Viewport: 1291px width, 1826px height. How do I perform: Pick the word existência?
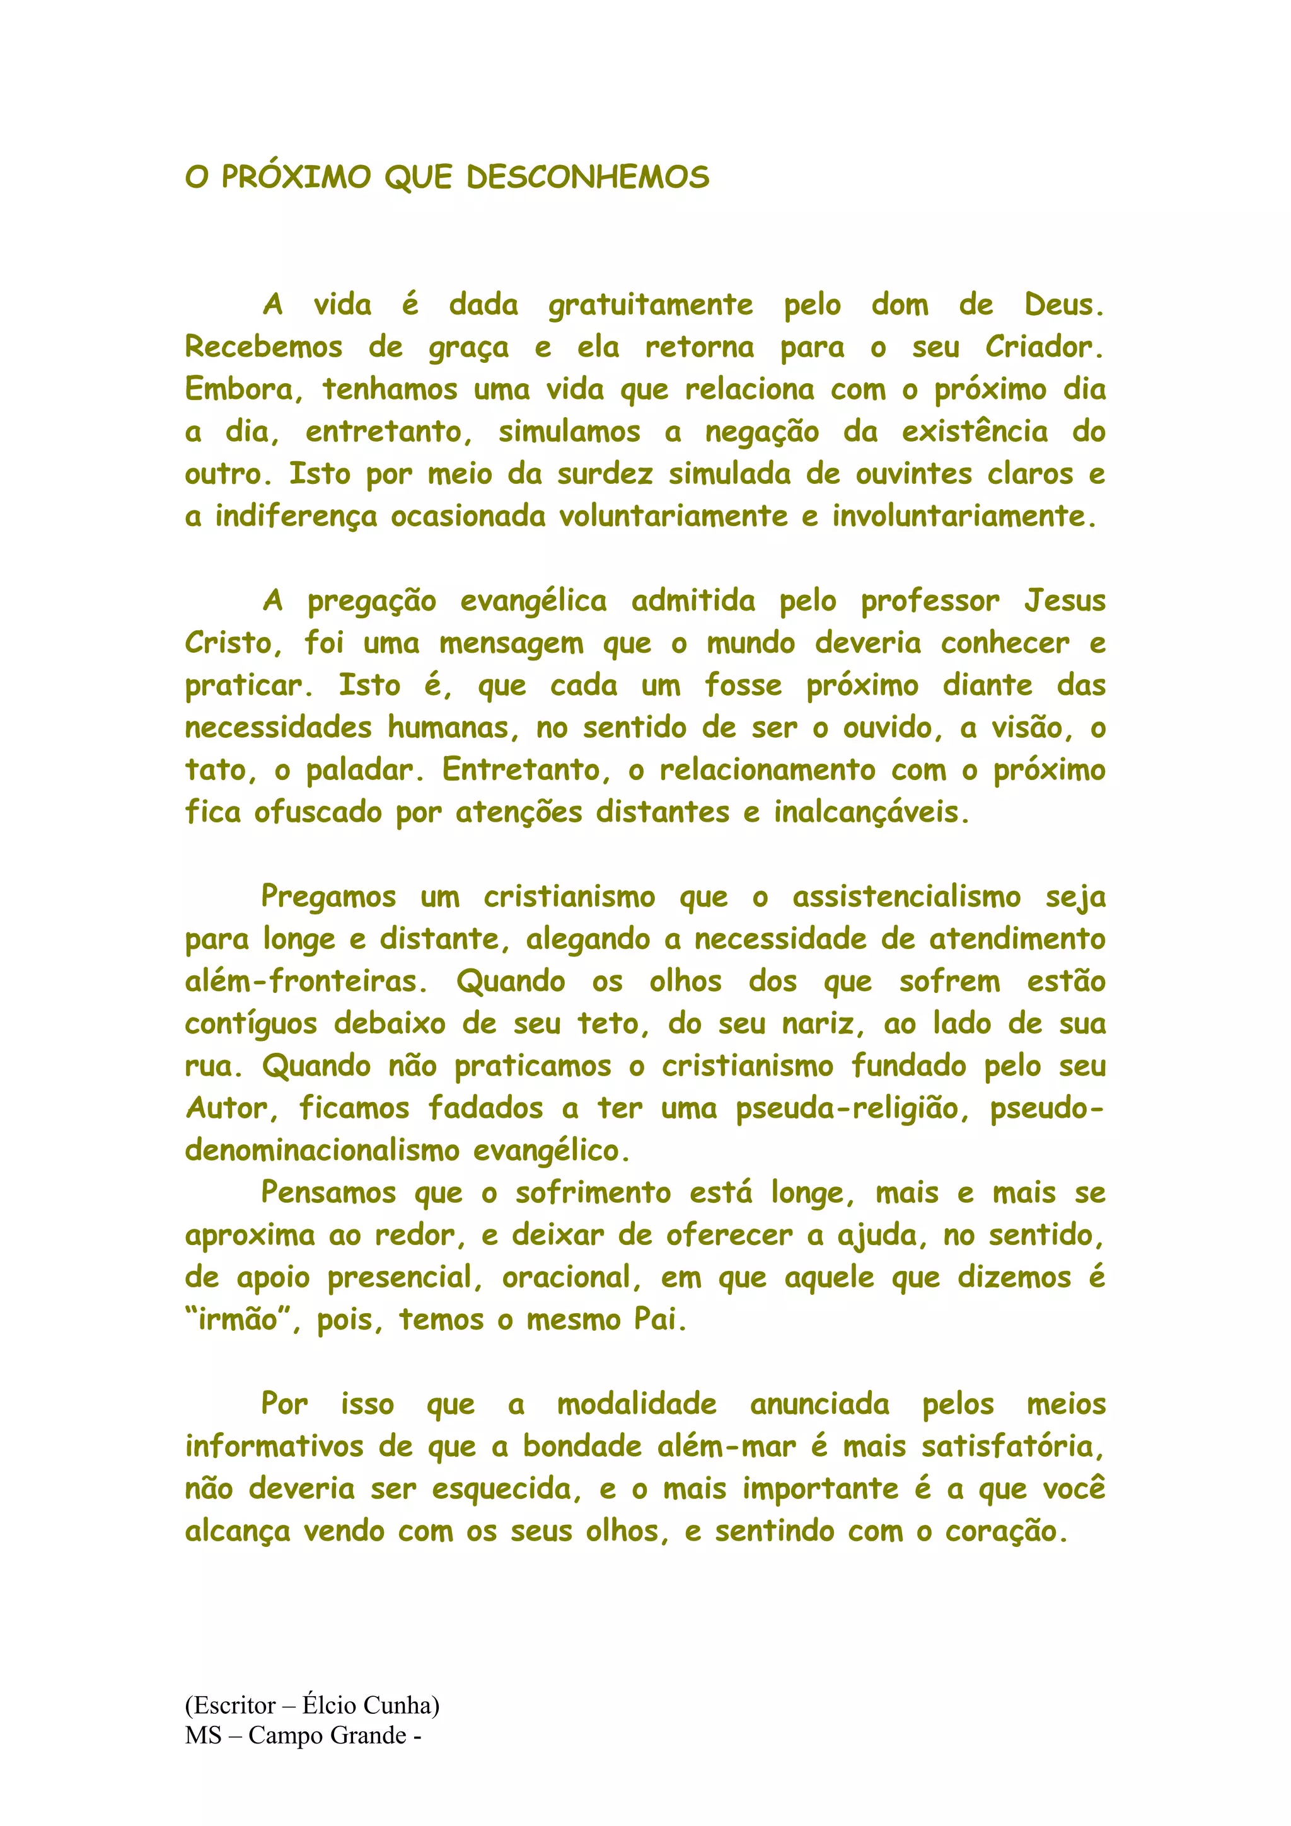coord(975,432)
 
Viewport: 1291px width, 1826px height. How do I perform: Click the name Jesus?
coord(1064,601)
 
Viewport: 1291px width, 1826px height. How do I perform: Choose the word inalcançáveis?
coord(871,813)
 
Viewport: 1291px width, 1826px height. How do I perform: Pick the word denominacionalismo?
coord(322,1151)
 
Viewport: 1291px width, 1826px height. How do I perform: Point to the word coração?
coord(1005,1532)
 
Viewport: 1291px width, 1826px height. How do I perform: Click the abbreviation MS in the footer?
coord(203,1735)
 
